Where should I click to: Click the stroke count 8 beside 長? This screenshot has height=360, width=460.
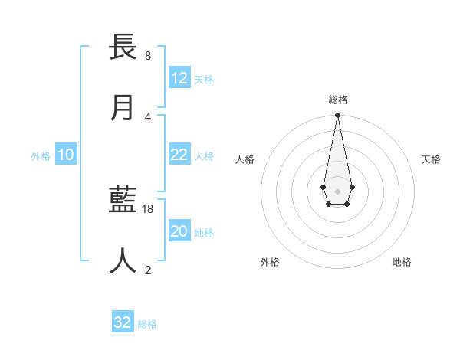tap(148, 56)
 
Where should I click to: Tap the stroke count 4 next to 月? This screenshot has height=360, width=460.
tap(148, 116)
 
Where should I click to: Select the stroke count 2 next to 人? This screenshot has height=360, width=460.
tap(148, 270)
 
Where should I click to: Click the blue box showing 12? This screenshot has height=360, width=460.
tap(179, 78)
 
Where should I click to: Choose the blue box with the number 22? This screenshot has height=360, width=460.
tap(179, 155)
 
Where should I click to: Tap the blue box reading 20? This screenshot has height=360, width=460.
tap(179, 231)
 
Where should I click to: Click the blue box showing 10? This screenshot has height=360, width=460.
tap(66, 155)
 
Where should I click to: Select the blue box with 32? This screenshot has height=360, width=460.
tap(123, 322)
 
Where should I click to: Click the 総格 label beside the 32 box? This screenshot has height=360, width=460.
tap(147, 324)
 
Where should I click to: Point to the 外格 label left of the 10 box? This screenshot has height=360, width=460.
tap(41, 156)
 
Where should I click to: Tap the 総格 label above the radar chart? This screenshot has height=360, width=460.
tap(337, 100)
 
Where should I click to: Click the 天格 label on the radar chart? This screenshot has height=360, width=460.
tap(431, 159)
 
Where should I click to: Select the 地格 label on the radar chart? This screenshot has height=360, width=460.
tap(402, 262)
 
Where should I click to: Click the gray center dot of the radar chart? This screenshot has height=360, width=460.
tap(337, 190)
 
